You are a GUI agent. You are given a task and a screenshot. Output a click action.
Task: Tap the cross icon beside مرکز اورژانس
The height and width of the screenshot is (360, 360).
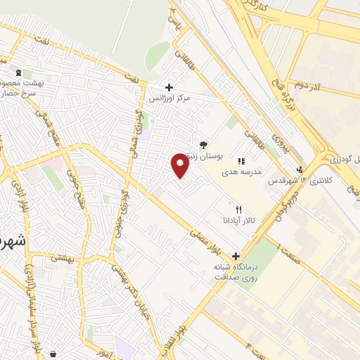coord(168,87)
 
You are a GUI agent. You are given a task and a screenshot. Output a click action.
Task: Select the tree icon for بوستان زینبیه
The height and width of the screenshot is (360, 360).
coord(204,144)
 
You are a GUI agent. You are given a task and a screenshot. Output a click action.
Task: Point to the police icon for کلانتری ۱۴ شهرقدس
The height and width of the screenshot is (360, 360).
coord(300,169)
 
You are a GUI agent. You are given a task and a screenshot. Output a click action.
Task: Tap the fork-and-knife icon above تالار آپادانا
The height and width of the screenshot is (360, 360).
coord(238,210)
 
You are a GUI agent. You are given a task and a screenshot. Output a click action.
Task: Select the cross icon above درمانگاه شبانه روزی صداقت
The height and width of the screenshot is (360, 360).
coord(236,256)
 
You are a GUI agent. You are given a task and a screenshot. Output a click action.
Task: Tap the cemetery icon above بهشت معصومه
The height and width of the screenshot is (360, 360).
coord(18,72)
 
